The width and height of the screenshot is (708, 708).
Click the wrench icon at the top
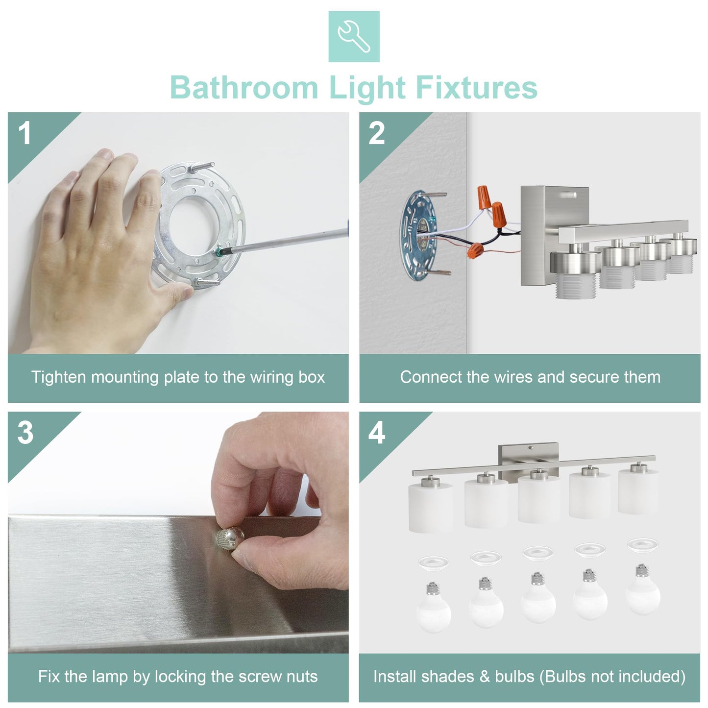(354, 36)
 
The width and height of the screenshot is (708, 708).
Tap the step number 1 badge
(25, 133)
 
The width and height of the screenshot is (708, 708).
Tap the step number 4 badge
(376, 433)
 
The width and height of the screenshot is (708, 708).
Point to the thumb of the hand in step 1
(176, 294)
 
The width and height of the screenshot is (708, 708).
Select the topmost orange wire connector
(486, 195)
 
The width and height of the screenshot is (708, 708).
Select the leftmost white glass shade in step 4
(431, 507)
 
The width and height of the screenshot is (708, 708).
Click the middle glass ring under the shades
(538, 553)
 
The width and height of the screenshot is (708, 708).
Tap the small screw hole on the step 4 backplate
(531, 448)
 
